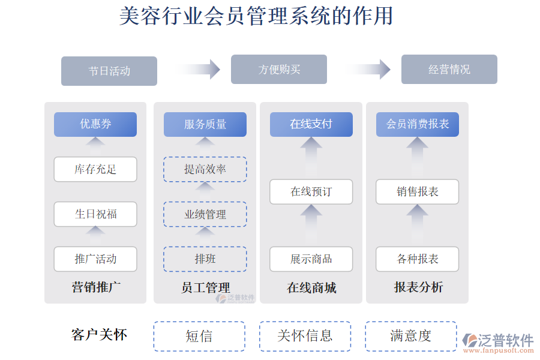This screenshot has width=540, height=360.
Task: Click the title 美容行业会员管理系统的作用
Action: (256, 16)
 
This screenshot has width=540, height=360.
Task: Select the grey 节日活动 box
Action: (109, 71)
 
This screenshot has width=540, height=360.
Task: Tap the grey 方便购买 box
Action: (279, 70)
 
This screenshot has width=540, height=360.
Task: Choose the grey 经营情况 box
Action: (449, 70)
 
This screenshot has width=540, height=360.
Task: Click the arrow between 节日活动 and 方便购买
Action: (200, 70)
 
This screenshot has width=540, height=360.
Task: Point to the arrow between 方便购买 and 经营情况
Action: (371, 70)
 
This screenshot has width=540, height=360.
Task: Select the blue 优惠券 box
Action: (95, 124)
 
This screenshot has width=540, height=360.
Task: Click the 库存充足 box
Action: (95, 169)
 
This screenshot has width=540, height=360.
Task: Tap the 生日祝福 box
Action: (95, 214)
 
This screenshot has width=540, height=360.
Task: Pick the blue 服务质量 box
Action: (205, 124)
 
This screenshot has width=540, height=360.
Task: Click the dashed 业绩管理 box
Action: (205, 214)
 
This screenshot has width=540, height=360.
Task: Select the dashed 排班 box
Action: (205, 259)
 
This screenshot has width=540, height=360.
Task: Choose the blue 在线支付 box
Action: (311, 124)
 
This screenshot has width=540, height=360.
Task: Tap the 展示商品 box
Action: (311, 259)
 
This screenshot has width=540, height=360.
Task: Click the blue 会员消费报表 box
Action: (418, 124)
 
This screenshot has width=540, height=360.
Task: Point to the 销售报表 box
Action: (418, 192)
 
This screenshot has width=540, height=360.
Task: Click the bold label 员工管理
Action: (205, 287)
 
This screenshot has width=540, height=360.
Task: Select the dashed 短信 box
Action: (199, 336)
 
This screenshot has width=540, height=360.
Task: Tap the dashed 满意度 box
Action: (411, 336)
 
